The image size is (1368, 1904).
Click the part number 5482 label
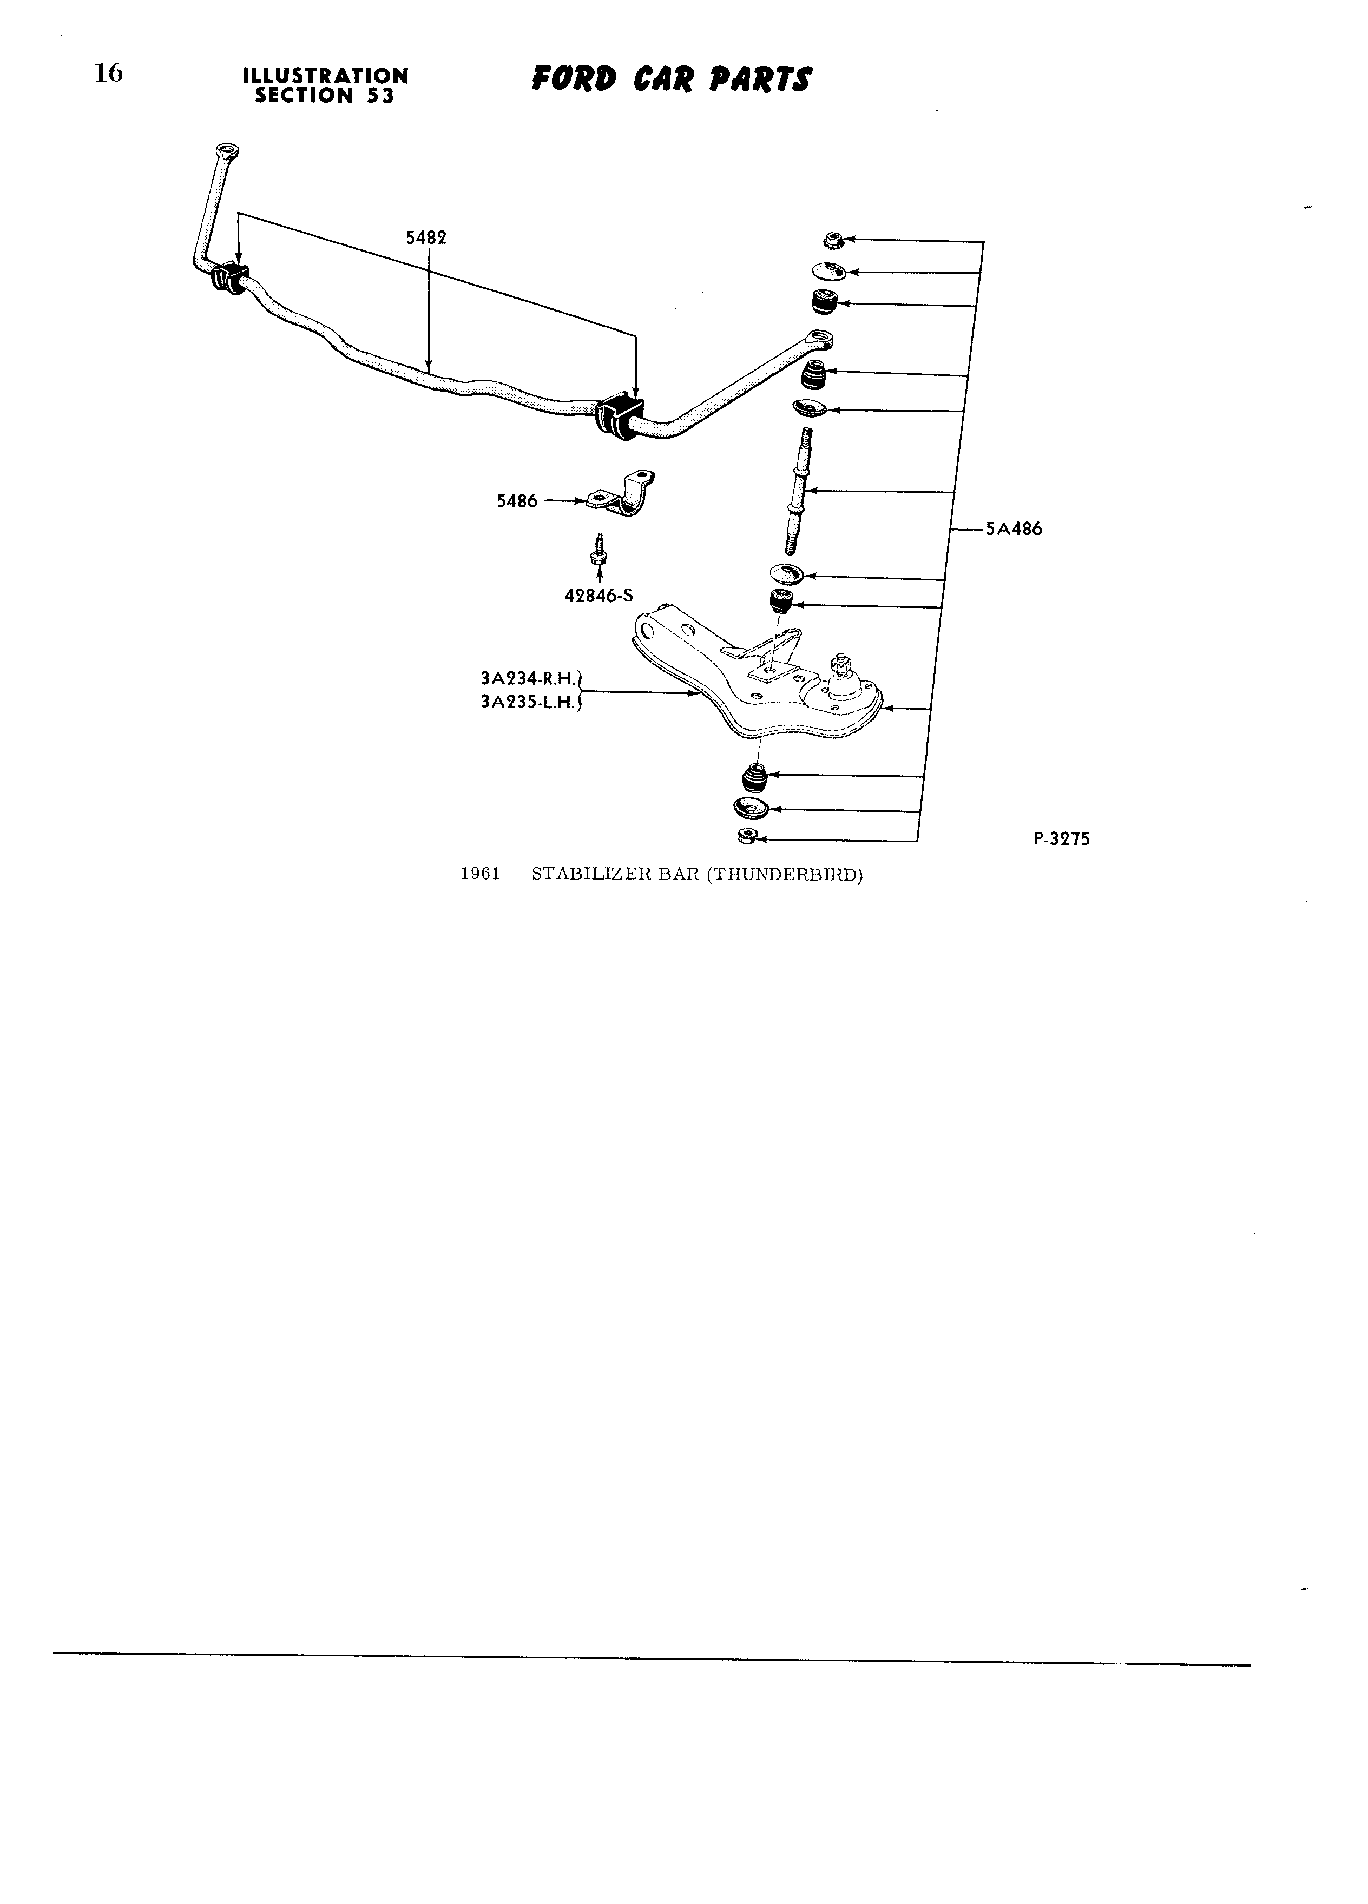[x=426, y=237]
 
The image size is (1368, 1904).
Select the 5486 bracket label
[x=516, y=501]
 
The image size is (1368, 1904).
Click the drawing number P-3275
[x=1062, y=838]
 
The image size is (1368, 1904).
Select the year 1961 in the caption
[x=481, y=875]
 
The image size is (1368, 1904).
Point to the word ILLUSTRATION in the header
[x=325, y=76]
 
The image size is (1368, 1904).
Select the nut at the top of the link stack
[x=832, y=239]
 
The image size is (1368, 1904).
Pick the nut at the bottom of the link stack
[x=745, y=835]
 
